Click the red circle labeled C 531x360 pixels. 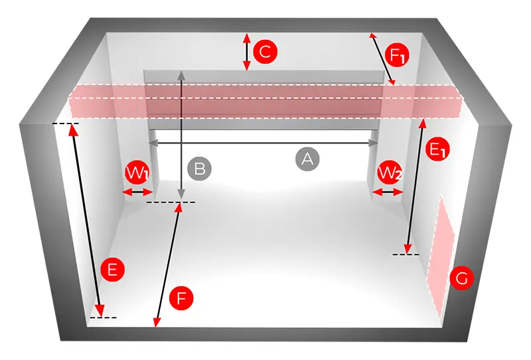tap(265, 52)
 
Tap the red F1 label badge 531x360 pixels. tap(397, 54)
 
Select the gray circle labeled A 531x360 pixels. tap(307, 159)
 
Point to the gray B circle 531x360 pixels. tap(200, 169)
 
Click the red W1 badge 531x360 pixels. tap(137, 173)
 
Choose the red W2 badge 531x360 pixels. tap(390, 173)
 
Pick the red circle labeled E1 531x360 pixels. tap(437, 149)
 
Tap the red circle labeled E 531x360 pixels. tap(112, 270)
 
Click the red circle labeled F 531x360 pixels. tap(181, 298)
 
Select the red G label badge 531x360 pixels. tap(461, 278)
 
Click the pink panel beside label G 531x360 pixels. tap(441, 258)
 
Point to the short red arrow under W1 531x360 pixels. tap(137, 193)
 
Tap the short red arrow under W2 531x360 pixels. tap(388, 193)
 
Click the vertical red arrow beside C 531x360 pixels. tap(247, 52)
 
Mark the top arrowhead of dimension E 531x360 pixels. tap(73, 130)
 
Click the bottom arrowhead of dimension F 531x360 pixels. tap(157, 322)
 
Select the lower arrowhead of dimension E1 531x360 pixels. tap(408, 248)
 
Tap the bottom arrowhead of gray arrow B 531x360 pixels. tap(182, 193)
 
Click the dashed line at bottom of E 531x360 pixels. tap(104, 317)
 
